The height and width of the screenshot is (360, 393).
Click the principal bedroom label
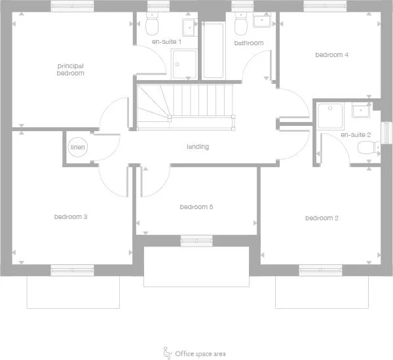(71, 70)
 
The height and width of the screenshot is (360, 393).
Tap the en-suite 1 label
(166, 42)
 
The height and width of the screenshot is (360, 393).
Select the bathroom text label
(249, 43)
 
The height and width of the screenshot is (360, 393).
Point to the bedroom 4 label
(331, 55)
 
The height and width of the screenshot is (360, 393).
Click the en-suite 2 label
(356, 134)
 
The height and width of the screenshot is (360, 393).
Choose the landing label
(197, 147)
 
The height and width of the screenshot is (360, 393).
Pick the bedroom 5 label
(196, 207)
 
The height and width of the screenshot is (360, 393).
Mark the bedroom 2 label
(321, 218)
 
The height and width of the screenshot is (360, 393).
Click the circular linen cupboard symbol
(77, 147)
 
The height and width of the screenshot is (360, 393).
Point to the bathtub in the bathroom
(214, 50)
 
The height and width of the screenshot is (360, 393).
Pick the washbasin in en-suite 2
(361, 110)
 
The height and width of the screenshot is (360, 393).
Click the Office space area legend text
(200, 354)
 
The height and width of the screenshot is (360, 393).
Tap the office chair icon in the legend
(167, 353)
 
